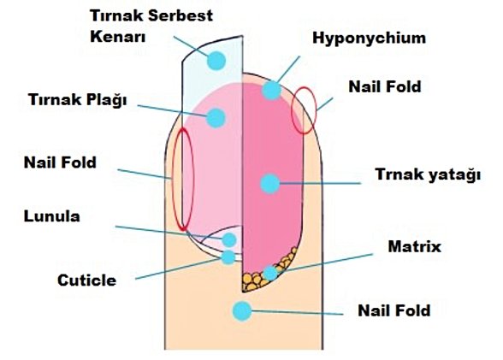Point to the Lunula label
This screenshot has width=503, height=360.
click(x=52, y=216)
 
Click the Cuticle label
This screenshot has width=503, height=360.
click(x=86, y=280)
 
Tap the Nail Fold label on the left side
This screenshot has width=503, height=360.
click(x=60, y=162)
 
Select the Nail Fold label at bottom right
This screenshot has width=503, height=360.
click(x=393, y=310)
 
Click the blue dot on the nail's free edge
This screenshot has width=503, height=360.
click(x=216, y=61)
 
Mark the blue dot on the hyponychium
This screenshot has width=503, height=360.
click(x=272, y=89)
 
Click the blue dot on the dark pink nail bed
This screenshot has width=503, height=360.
click(x=270, y=182)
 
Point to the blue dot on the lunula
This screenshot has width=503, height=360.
click(x=229, y=240)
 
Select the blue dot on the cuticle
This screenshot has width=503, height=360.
click(x=228, y=257)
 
